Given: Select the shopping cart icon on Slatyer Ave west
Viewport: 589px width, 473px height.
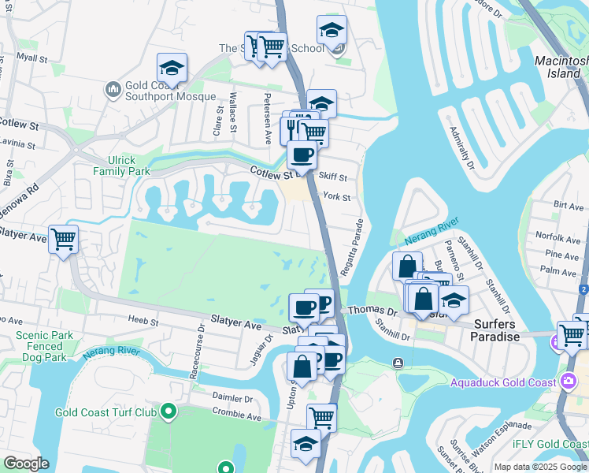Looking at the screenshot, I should (63, 239).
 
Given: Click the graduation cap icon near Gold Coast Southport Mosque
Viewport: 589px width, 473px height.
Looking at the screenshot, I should (172, 67).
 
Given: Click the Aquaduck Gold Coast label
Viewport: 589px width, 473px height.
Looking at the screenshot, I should (509, 383).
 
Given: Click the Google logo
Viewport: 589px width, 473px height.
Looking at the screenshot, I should (27, 464).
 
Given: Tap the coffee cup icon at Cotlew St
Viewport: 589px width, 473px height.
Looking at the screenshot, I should (301, 155).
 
